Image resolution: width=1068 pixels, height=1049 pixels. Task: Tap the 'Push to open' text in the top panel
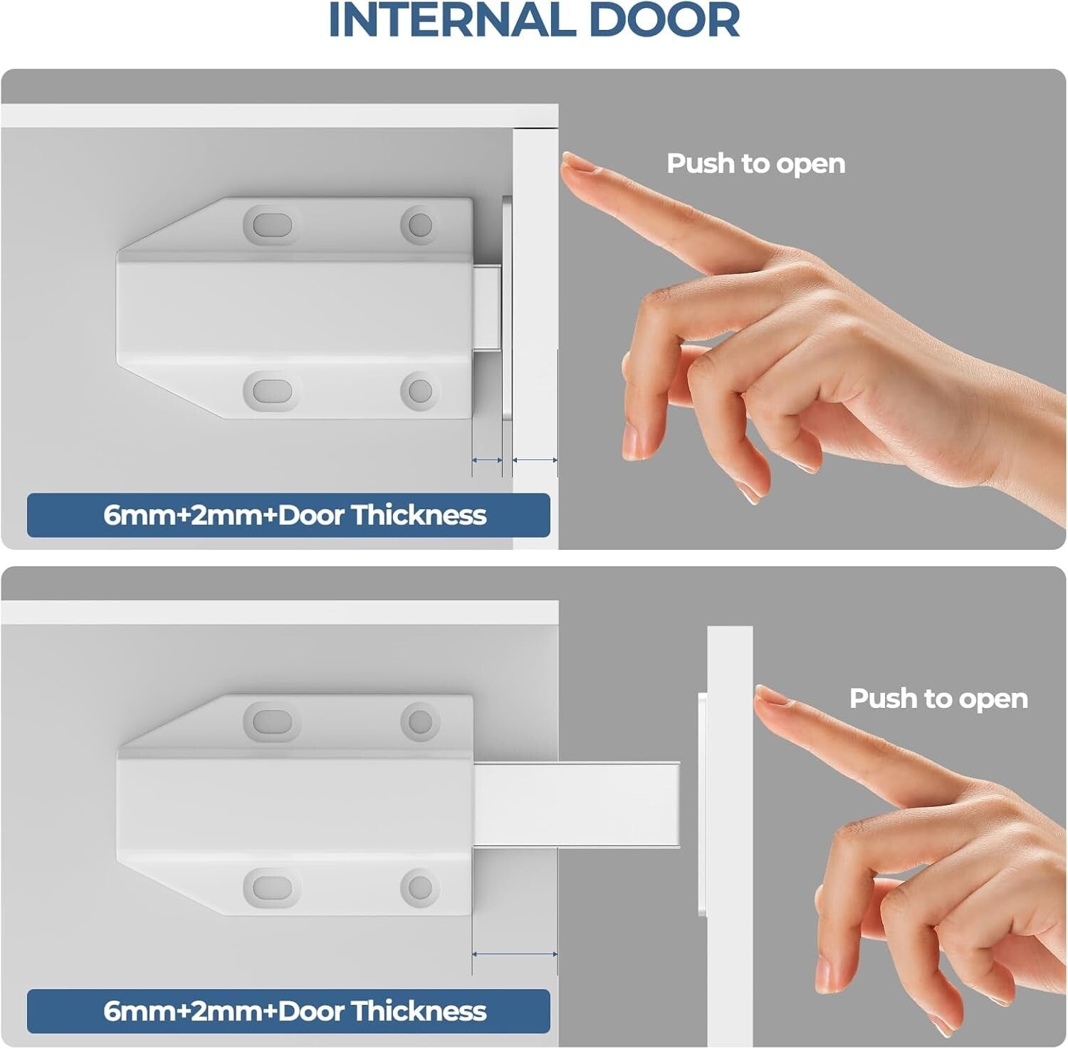(755, 164)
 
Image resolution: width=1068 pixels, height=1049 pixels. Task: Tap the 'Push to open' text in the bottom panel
(938, 699)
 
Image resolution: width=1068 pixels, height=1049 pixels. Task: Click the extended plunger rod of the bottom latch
(577, 805)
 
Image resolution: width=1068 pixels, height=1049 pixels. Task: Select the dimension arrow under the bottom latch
(514, 954)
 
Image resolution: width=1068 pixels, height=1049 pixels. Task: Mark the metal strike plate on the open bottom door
(702, 805)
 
